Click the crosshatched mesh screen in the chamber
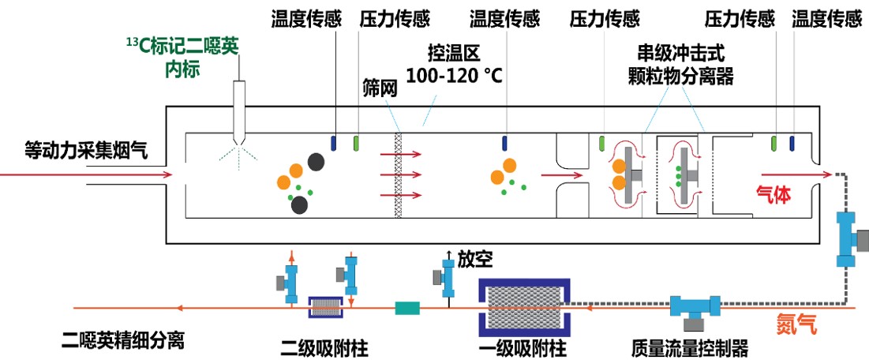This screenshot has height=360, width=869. click(x=397, y=174)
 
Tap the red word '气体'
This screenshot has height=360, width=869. click(x=774, y=194)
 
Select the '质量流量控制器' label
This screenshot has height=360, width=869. click(x=690, y=349)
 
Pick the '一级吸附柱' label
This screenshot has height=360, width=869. click(x=524, y=349)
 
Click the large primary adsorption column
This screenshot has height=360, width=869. click(x=524, y=305)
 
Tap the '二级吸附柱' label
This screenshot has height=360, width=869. click(x=325, y=349)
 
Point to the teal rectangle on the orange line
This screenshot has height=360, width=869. click(x=407, y=307)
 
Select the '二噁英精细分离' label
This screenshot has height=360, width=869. click(x=122, y=339)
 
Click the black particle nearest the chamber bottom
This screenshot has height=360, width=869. click(x=299, y=205)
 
